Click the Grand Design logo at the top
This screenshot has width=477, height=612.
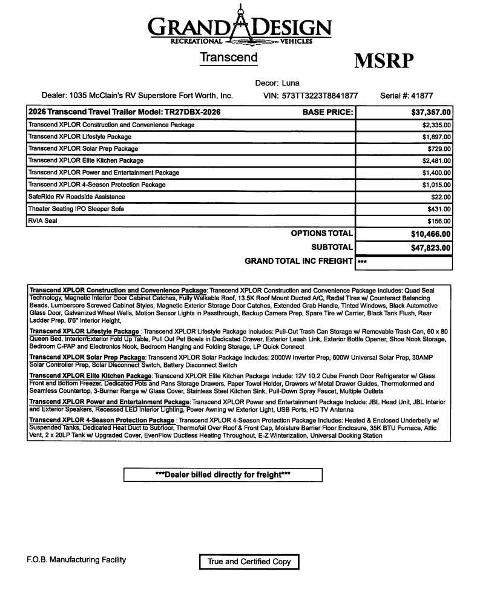[240, 25]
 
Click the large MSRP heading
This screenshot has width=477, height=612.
[383, 61]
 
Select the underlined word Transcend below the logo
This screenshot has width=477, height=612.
[228, 58]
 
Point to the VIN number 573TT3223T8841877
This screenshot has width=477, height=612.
[320, 96]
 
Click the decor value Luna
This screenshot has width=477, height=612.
[291, 83]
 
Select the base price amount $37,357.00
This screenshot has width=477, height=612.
[431, 112]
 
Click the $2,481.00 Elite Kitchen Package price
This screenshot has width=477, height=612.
[436, 161]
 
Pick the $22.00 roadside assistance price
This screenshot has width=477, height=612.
[442, 197]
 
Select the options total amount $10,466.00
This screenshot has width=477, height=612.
[431, 234]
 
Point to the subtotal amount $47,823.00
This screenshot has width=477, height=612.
[431, 248]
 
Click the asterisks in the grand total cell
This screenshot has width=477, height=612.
[362, 262]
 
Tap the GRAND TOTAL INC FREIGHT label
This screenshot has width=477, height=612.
[298, 261]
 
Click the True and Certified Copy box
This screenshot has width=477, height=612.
[249, 562]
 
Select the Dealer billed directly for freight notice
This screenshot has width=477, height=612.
[223, 475]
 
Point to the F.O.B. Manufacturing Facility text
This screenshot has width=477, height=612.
[76, 560]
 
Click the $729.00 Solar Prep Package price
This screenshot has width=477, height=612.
[439, 149]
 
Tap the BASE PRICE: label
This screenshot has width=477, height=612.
[327, 112]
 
